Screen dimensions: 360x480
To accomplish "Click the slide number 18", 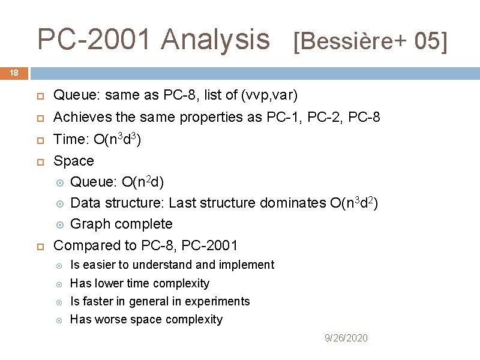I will (x=14, y=73).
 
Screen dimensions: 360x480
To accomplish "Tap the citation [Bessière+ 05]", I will (x=370, y=41).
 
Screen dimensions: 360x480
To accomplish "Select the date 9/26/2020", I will (x=346, y=338).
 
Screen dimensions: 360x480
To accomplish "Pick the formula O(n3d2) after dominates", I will (x=354, y=203).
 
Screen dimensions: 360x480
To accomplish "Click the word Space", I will (x=74, y=161).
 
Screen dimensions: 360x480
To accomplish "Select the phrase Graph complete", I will (x=121, y=224).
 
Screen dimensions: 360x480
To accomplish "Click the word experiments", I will (x=220, y=301).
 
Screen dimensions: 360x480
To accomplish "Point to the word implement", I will (x=245, y=265).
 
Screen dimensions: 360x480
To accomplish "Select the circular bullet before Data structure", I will (x=59, y=203).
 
